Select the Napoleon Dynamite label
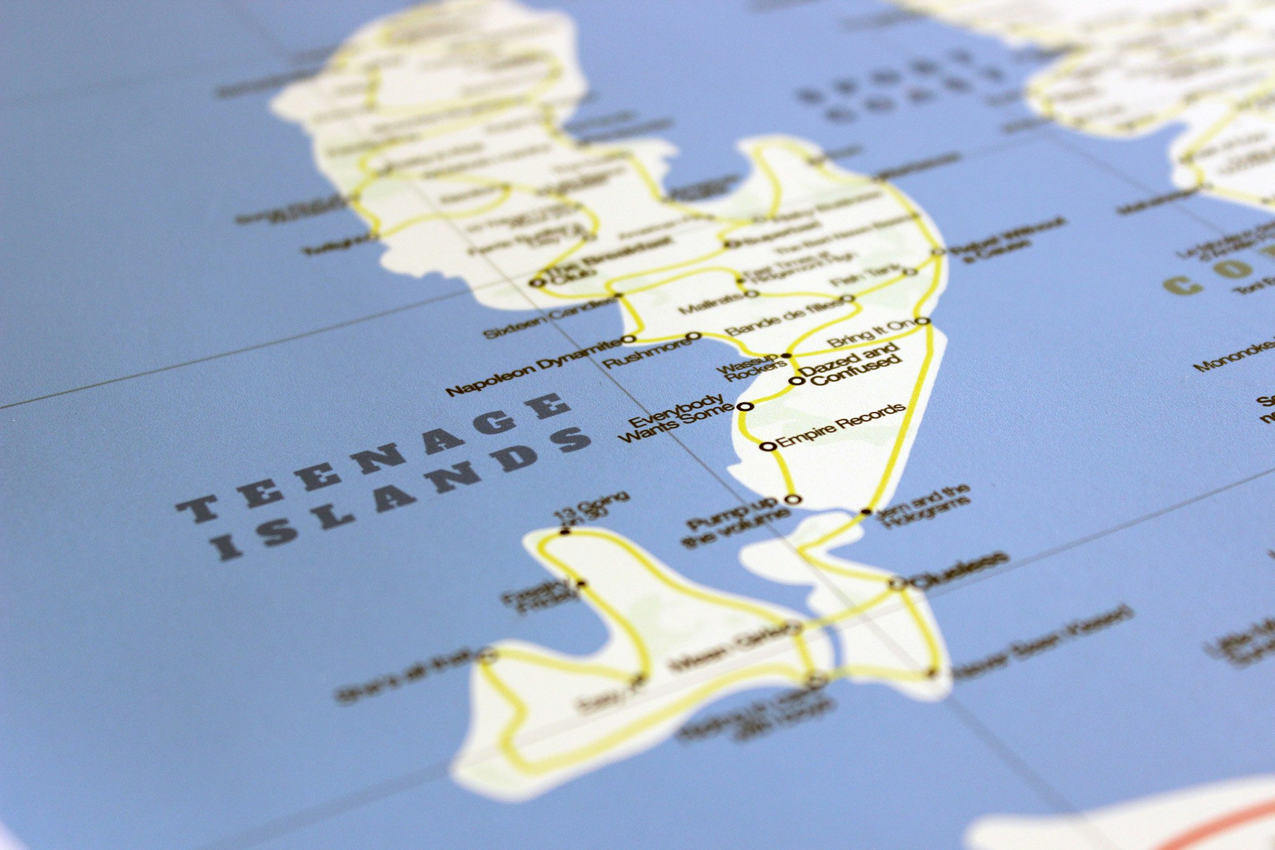tap(532, 369)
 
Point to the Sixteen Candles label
tap(548, 319)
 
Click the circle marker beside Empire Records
tap(768, 446)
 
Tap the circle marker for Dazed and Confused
tap(796, 381)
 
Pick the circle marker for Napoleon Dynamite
tap(629, 339)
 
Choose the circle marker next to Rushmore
tap(695, 335)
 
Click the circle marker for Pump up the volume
tap(792, 499)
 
